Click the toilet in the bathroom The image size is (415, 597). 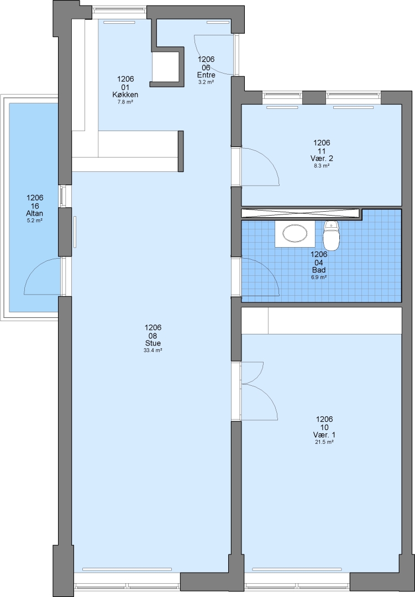click(x=331, y=235)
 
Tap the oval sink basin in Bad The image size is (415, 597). click(x=295, y=233)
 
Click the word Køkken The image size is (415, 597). click(x=125, y=95)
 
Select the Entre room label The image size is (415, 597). click(x=206, y=75)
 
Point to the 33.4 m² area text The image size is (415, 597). click(x=153, y=350)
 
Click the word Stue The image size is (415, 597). click(x=153, y=343)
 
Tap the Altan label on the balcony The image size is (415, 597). click(x=35, y=213)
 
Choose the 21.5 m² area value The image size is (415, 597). click(x=324, y=442)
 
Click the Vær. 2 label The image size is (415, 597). click(x=322, y=159)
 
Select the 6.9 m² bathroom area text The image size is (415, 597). click(x=319, y=277)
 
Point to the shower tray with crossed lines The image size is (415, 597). click(x=301, y=213)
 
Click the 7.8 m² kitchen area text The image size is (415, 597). click(x=125, y=102)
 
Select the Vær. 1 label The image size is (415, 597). click(x=324, y=435)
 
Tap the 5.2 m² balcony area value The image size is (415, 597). click(x=35, y=221)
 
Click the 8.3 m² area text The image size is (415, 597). click(x=322, y=166)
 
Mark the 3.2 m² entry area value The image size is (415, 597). click(x=206, y=82)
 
